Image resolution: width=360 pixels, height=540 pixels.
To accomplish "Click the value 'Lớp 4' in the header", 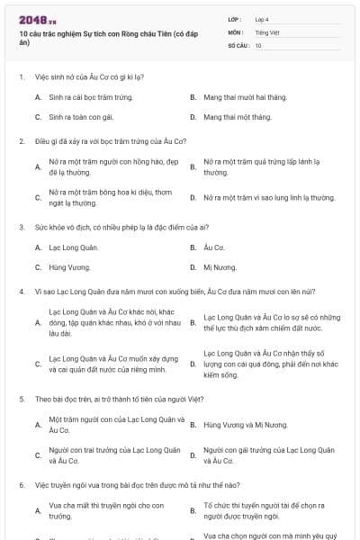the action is [262, 19].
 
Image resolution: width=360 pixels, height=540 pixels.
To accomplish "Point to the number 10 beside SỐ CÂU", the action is [258, 45].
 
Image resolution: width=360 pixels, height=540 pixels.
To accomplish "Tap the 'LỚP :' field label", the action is [236, 19].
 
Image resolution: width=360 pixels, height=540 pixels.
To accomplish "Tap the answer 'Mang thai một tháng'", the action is [237, 117].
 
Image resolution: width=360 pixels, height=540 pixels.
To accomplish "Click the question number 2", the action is [21, 141].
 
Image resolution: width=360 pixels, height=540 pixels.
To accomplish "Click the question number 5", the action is [21, 398].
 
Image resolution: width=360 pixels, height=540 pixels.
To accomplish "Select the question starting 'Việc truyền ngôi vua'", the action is [125, 484].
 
